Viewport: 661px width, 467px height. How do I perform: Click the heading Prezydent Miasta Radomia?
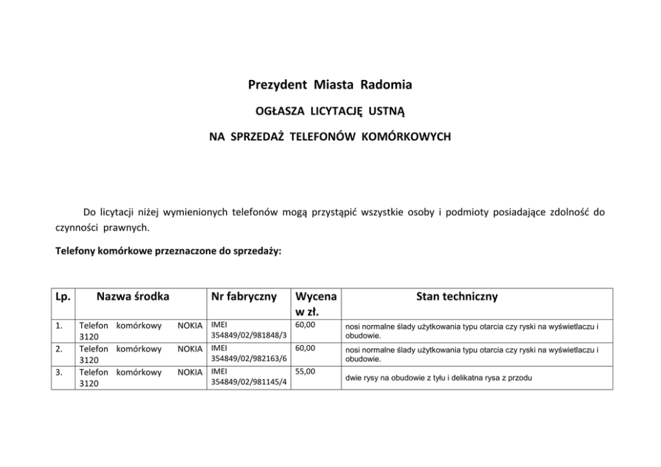[x=330, y=85]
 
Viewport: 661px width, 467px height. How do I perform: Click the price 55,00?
[x=305, y=372]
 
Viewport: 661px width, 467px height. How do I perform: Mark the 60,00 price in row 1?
[x=305, y=325]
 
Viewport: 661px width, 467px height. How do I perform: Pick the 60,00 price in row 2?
[x=305, y=348]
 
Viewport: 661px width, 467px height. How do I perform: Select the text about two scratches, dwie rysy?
[x=438, y=378]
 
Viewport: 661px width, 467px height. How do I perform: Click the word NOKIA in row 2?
[x=190, y=348]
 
